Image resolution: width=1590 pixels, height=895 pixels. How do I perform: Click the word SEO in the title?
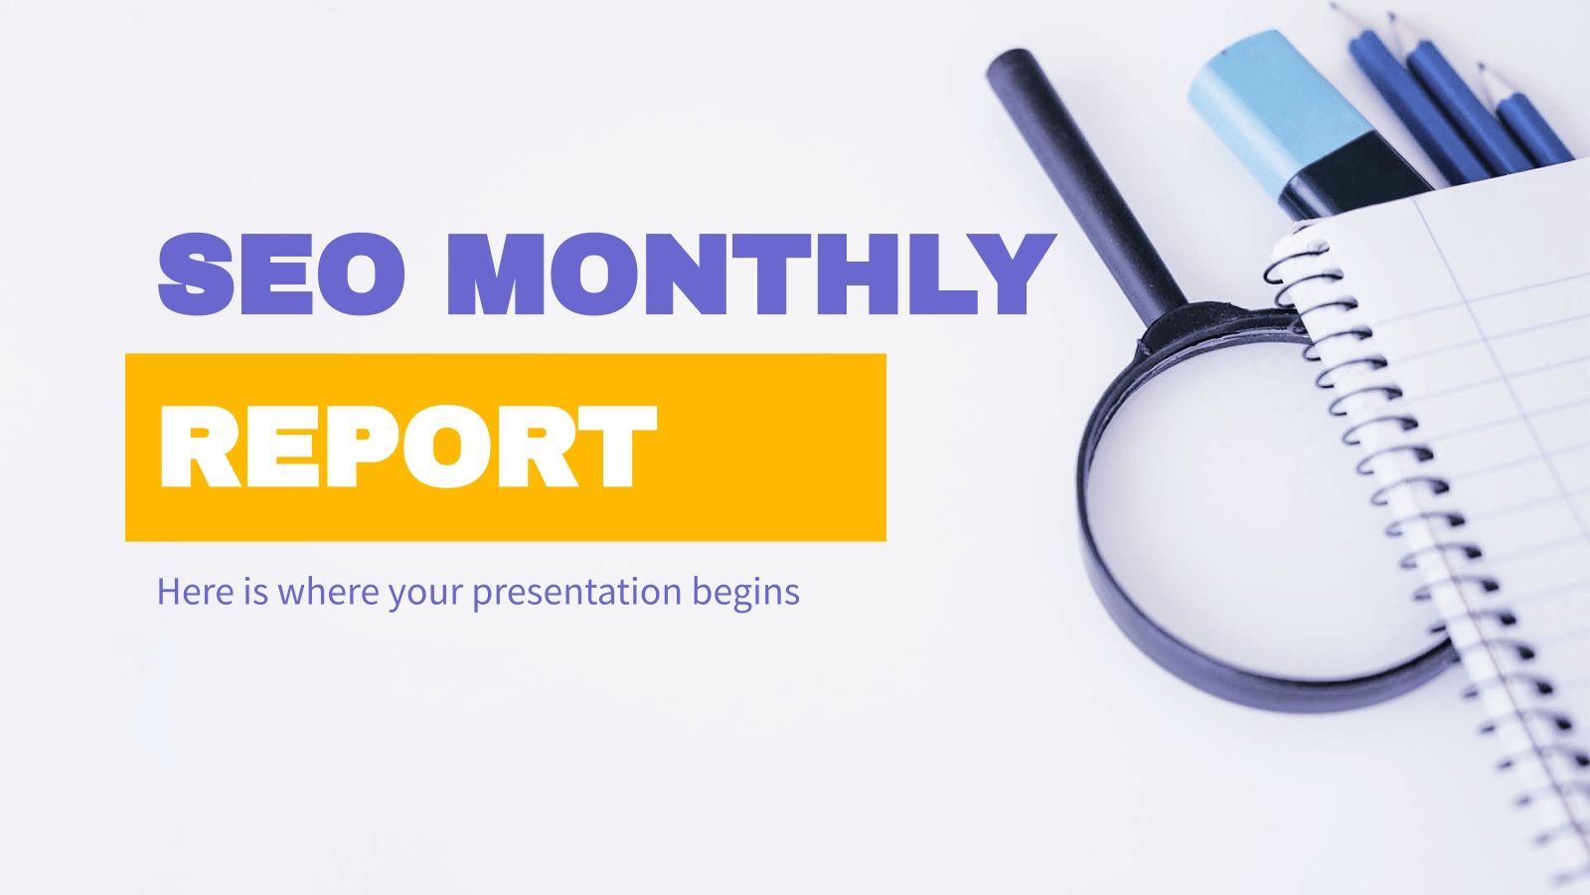pos(281,271)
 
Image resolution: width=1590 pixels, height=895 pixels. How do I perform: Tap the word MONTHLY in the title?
pos(749,271)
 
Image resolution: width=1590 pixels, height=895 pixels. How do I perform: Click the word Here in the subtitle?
pos(196,592)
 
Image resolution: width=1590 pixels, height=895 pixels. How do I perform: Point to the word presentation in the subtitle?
pos(575,593)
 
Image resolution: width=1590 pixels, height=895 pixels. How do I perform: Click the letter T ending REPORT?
pos(608,447)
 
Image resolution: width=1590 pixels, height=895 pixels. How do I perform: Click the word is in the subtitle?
pos(253,592)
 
